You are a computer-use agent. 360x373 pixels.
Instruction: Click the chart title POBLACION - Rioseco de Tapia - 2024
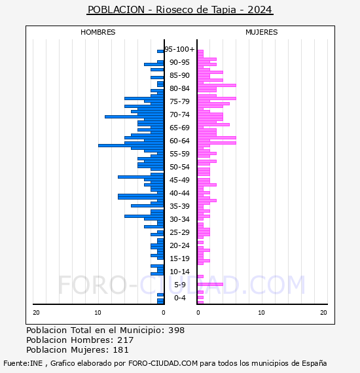point(180,10)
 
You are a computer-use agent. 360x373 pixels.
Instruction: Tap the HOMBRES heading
point(98,32)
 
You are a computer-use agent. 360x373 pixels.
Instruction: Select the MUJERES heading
point(262,32)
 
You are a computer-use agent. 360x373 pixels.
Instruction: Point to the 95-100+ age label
point(179,49)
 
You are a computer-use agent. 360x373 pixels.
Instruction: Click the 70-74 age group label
point(179,115)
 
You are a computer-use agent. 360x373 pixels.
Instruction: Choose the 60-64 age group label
point(179,141)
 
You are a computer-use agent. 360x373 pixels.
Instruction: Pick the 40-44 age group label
point(179,193)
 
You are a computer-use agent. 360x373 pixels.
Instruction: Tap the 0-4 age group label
point(179,298)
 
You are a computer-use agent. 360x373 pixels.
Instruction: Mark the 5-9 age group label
point(179,285)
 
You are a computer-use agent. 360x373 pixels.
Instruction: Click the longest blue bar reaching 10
point(131,145)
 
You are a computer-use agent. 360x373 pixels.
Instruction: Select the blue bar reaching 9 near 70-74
point(134,116)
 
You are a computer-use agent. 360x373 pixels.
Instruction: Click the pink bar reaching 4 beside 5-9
point(210,284)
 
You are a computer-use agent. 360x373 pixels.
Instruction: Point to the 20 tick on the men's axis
point(36,313)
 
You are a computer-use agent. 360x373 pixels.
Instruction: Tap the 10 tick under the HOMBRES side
point(98,313)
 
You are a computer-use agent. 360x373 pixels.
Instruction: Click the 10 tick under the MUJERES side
point(261,313)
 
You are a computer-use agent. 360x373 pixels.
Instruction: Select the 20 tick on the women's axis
point(323,313)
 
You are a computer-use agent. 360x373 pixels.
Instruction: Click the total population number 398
point(176,330)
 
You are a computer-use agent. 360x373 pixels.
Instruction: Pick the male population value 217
point(126,340)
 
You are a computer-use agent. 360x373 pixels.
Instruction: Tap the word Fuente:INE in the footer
point(23,363)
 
